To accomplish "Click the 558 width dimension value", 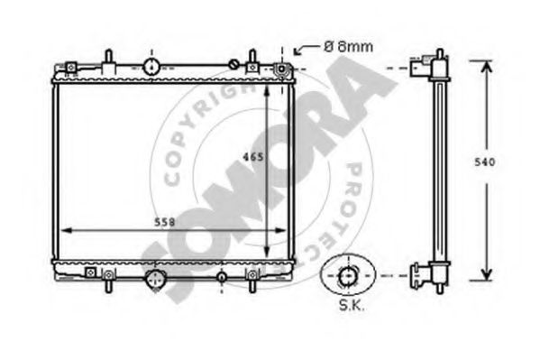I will click(162, 222).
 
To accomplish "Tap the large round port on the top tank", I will click(151, 66).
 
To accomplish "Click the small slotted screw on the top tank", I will click(233, 64).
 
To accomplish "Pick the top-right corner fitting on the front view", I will click(282, 69).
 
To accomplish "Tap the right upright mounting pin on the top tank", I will click(255, 60).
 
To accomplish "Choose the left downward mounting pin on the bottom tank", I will click(108, 283).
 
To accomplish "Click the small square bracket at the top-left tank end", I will click(69, 66).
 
